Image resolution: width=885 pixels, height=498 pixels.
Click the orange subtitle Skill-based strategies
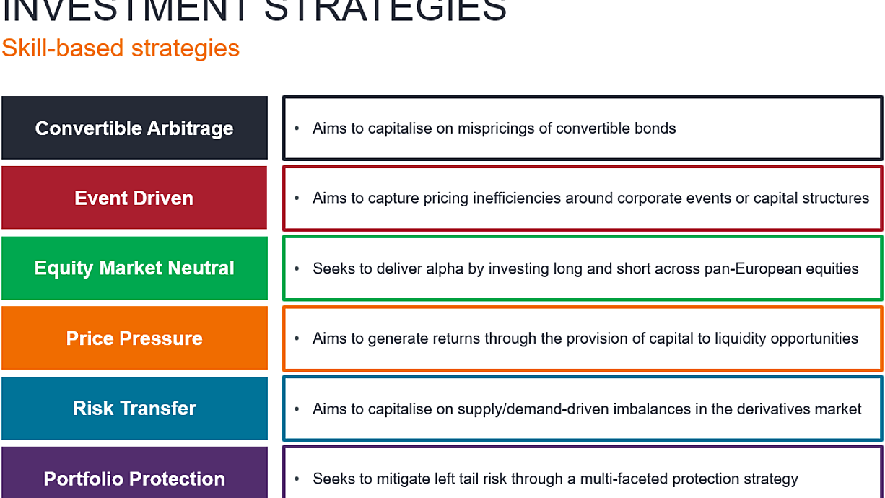[x=121, y=48]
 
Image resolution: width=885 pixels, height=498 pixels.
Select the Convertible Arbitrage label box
[x=135, y=128]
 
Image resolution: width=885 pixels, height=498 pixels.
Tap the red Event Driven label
[x=134, y=198]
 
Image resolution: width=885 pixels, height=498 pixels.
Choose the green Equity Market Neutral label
[x=135, y=268]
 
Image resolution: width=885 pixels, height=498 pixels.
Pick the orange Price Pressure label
[x=135, y=338]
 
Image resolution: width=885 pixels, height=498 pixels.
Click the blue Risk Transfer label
[x=135, y=408]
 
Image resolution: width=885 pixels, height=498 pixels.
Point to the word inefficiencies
[x=517, y=198]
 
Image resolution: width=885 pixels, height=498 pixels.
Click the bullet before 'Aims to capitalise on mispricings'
[x=297, y=128]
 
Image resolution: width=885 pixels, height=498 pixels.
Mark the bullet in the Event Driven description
[x=297, y=198]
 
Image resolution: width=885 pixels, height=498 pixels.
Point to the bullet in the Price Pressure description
[x=297, y=338]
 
